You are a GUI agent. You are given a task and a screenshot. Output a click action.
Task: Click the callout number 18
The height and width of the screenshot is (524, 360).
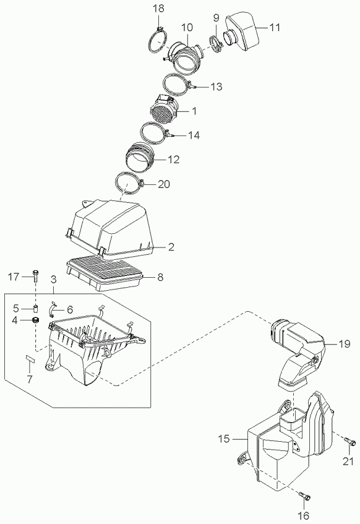coord(159,9)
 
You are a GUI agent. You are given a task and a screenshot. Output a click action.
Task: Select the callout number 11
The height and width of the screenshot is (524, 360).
coord(275,27)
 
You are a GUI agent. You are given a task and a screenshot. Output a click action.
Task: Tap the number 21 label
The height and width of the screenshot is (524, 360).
coord(348,461)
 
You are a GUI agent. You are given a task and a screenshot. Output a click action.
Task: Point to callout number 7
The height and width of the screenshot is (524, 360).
coord(30,379)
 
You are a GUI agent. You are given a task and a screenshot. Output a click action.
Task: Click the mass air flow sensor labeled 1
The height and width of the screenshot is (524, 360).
coord(165,110)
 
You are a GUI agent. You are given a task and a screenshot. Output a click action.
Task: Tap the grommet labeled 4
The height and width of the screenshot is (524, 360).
coord(35,320)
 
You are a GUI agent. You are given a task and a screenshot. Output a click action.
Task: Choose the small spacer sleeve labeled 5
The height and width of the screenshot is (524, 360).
coord(35,307)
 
